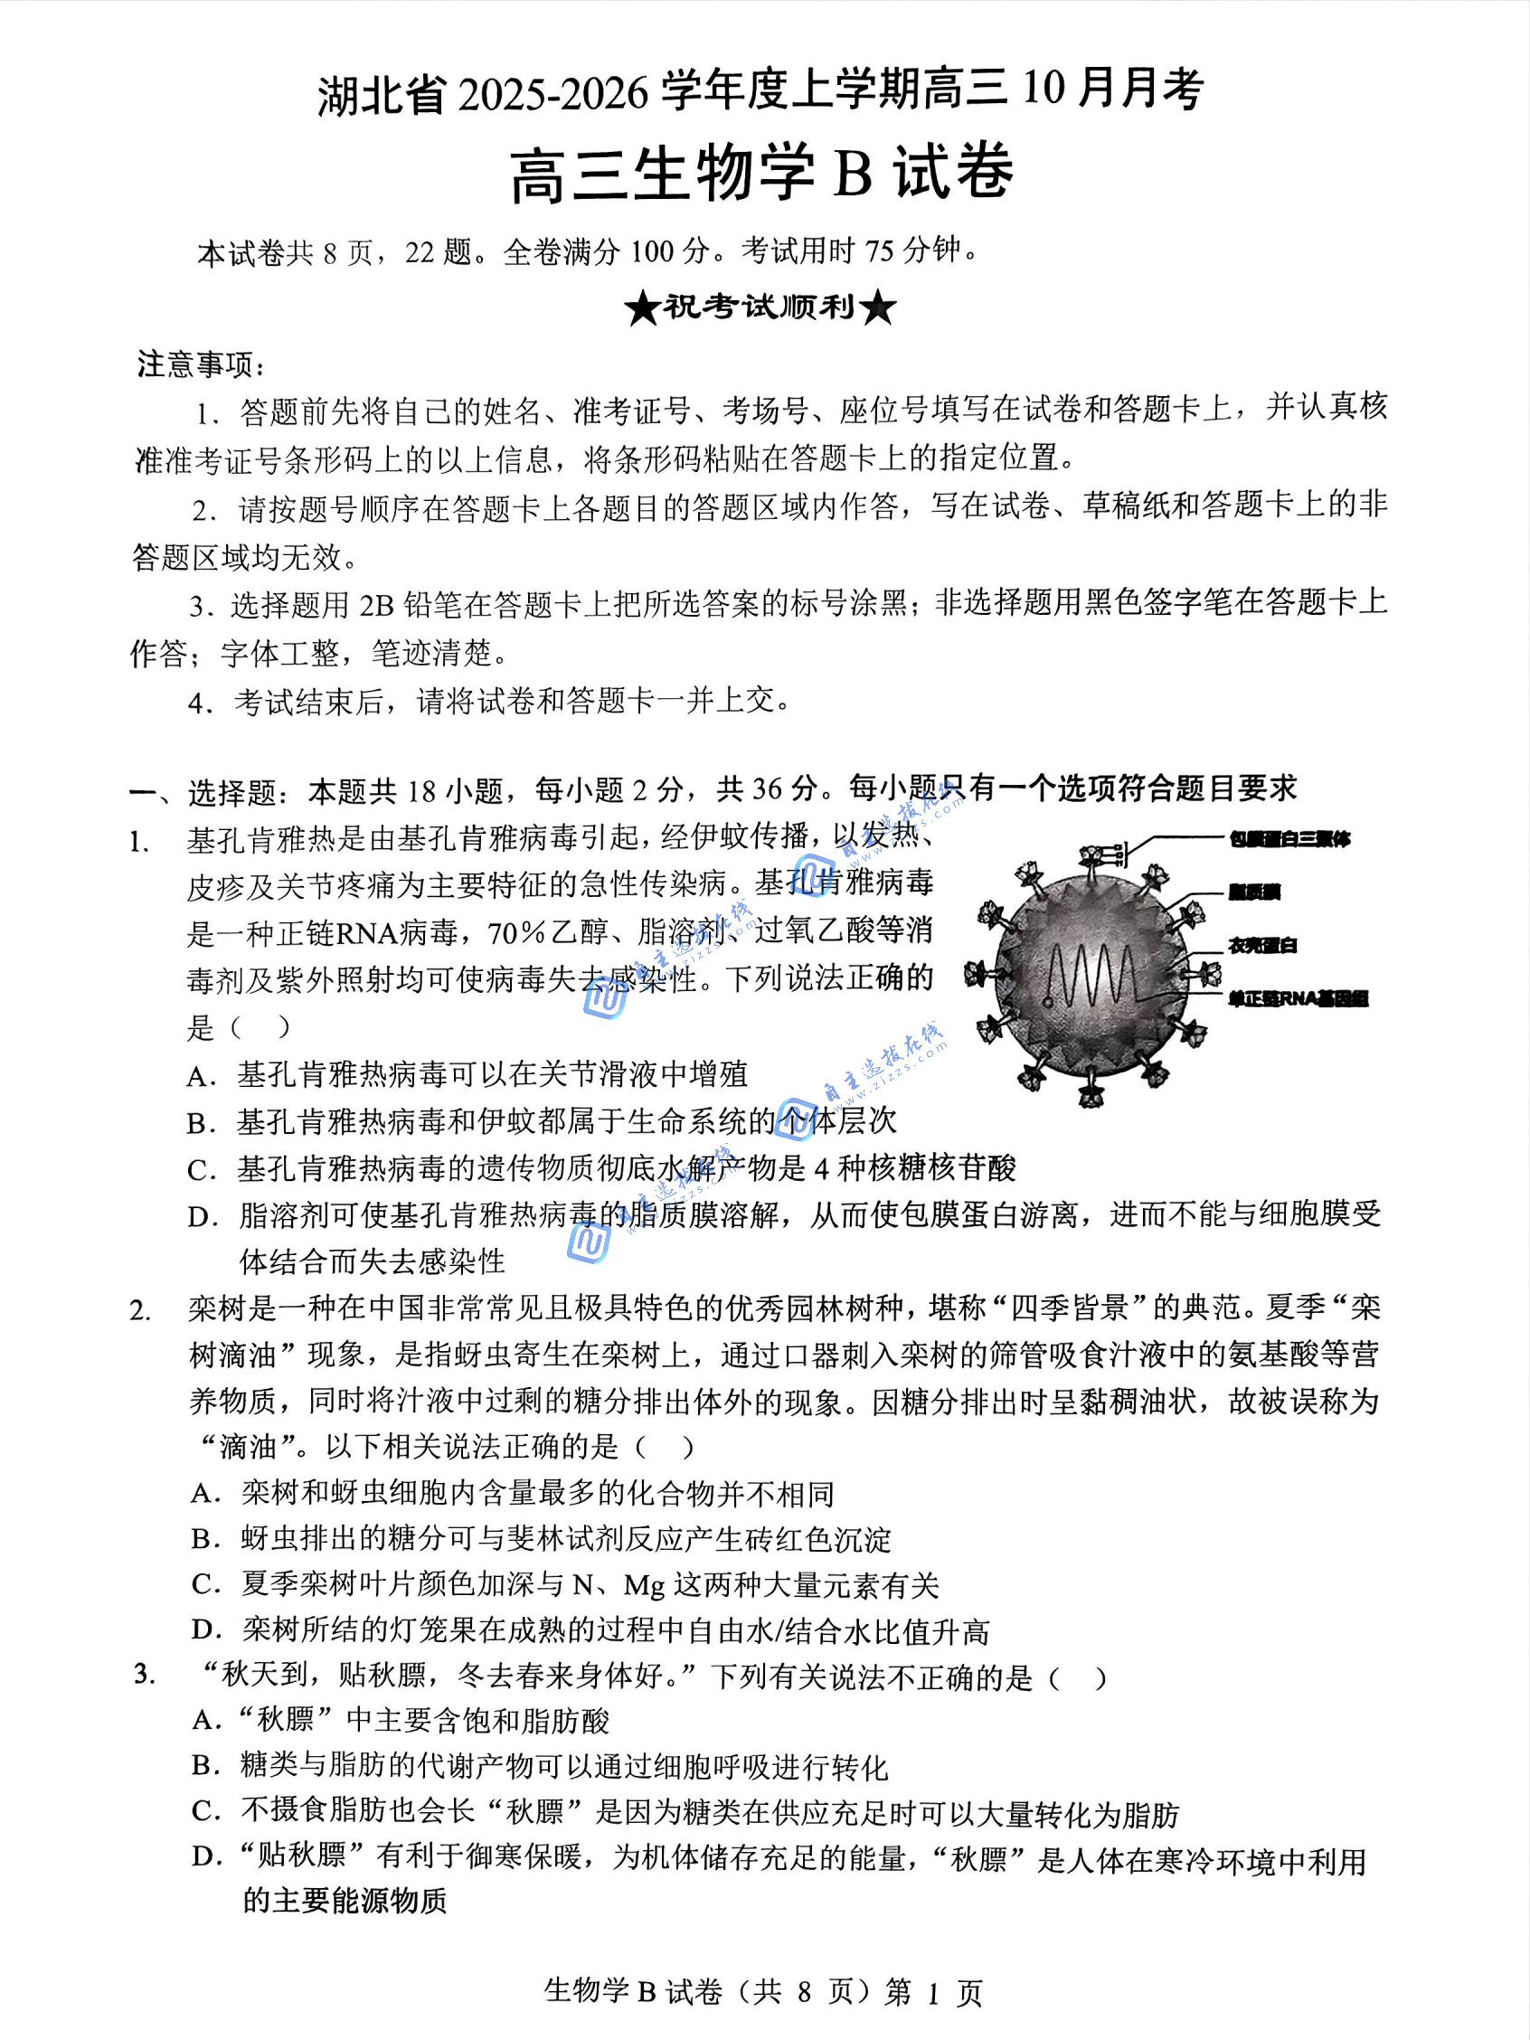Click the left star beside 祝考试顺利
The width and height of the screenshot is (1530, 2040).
coord(642,308)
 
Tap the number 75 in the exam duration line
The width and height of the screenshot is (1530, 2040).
coord(879,250)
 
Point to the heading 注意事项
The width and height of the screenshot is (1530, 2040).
coord(199,364)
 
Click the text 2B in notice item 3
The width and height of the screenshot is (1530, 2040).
coord(376,605)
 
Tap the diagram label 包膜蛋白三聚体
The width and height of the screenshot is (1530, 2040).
coord(1289,839)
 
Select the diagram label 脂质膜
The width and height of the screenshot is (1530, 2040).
coord(1253,892)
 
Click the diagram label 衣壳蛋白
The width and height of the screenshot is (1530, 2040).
coord(1262,945)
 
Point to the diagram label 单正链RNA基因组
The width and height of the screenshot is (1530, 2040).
coord(1298,999)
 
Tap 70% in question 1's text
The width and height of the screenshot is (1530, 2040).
coord(516,933)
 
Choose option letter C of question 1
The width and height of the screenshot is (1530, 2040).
coord(200,1170)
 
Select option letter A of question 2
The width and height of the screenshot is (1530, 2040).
coord(203,1494)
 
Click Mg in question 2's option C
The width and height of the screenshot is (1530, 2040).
coord(644,1586)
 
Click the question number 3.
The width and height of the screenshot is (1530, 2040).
coord(143,1673)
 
